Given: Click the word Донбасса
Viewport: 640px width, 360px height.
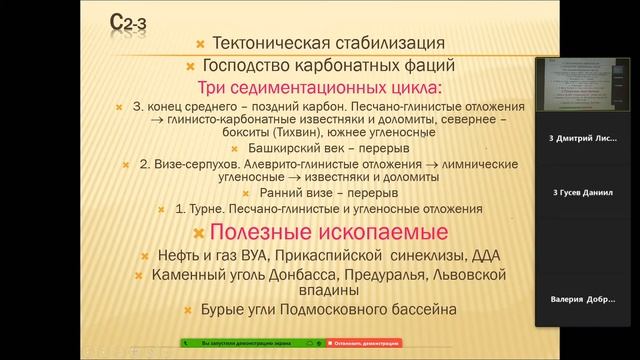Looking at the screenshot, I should click(300, 274).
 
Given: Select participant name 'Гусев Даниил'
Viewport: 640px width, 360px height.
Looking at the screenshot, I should click(585, 191).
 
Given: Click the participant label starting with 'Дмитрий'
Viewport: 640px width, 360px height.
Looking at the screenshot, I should click(585, 137).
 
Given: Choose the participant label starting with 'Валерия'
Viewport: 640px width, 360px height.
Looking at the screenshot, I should click(585, 299).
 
